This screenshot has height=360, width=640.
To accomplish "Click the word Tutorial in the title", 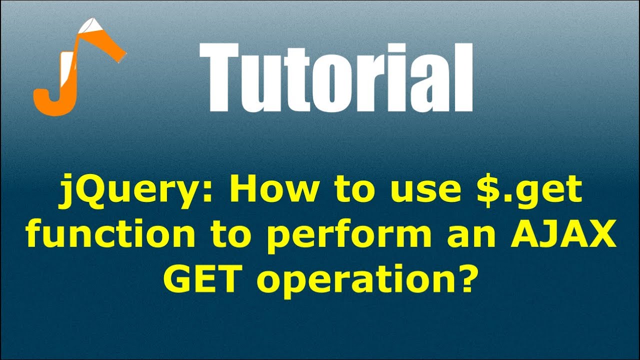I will [x=335, y=77].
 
